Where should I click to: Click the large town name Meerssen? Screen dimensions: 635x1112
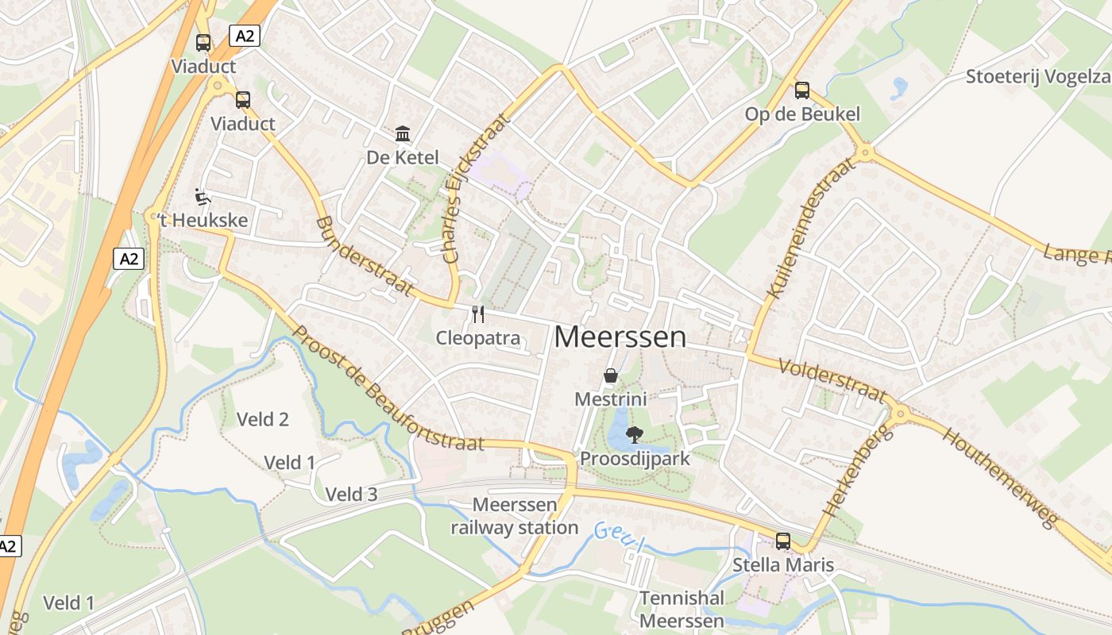620,337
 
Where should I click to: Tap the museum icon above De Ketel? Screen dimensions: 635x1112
403,133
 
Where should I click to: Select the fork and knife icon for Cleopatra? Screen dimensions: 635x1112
477,314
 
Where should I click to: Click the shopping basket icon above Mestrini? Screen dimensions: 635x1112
610,375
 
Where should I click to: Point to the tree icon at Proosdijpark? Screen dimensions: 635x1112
634,435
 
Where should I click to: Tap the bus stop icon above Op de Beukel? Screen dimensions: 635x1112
801,90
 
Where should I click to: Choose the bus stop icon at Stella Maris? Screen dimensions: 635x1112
783,541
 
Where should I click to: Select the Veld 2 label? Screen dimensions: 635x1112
263,419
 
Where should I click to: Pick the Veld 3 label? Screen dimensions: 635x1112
351,495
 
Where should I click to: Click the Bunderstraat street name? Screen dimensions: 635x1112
365,256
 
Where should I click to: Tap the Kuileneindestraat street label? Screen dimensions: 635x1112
812,228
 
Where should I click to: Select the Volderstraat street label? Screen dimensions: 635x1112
832,379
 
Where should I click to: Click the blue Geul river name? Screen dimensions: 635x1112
617,537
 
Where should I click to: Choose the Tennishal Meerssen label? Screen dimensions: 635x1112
681,609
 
